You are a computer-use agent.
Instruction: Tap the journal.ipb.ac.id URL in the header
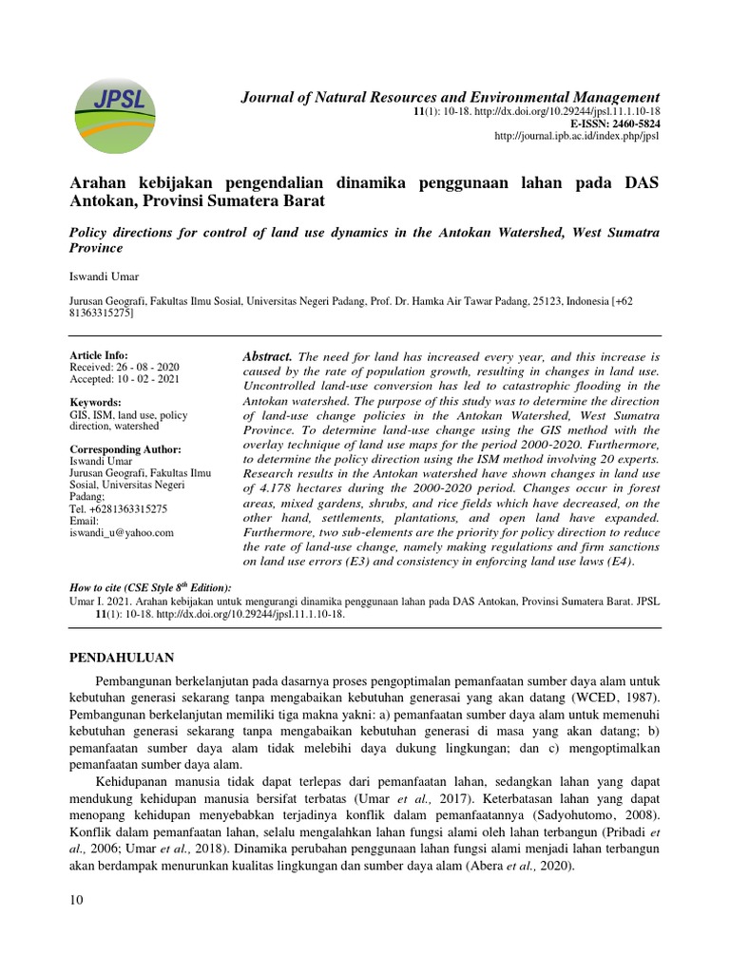coord(577,137)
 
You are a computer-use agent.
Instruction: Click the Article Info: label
coord(99,354)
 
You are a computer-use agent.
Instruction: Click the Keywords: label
coord(95,402)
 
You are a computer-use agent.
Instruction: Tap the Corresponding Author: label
coord(125,448)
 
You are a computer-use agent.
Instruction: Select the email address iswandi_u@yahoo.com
coord(122,533)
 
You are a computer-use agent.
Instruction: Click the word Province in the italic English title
coord(97,248)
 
